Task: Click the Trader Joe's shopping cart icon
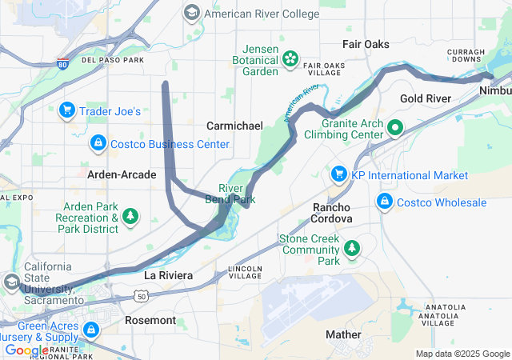[67, 110]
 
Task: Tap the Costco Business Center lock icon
[98, 143]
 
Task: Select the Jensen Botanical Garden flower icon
[289, 58]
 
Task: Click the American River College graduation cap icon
[192, 13]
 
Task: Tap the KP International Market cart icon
[338, 174]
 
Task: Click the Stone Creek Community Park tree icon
[352, 250]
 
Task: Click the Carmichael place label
[234, 126]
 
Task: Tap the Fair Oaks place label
[366, 44]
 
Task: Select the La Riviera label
[168, 275]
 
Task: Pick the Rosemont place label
[150, 320]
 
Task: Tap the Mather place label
[345, 334]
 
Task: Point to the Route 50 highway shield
[142, 296]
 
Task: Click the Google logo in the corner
[26, 350]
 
